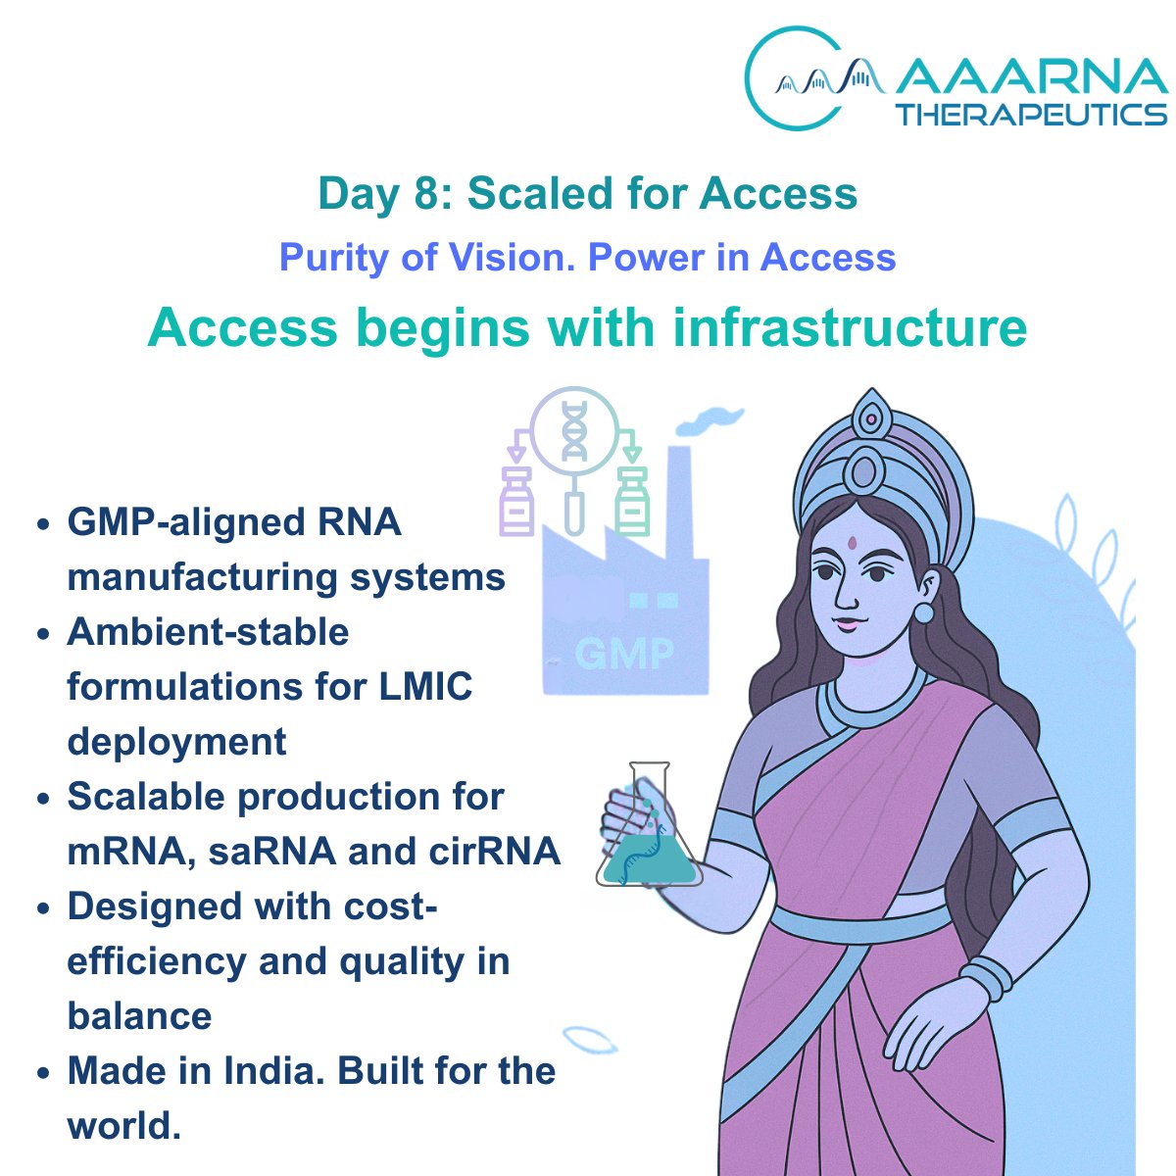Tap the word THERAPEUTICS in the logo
coord(1031,114)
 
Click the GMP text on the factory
coord(624,653)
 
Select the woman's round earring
coord(923,612)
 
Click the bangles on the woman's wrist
coord(985,977)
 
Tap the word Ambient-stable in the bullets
coord(208,631)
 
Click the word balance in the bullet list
coord(139,1015)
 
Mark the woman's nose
coord(851,593)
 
